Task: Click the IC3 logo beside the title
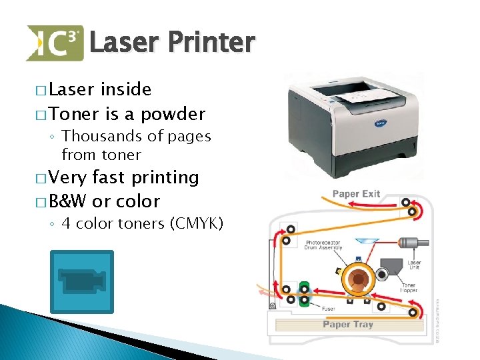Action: pyautogui.click(x=55, y=43)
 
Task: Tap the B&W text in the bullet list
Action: pyautogui.click(x=67, y=201)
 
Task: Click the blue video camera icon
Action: pyautogui.click(x=83, y=281)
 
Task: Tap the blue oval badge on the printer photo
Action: pyautogui.click(x=380, y=124)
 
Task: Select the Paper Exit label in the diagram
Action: pyautogui.click(x=356, y=194)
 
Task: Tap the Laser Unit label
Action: pyautogui.click(x=414, y=266)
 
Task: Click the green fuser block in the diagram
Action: pyautogui.click(x=305, y=294)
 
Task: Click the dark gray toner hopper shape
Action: pyautogui.click(x=385, y=275)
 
